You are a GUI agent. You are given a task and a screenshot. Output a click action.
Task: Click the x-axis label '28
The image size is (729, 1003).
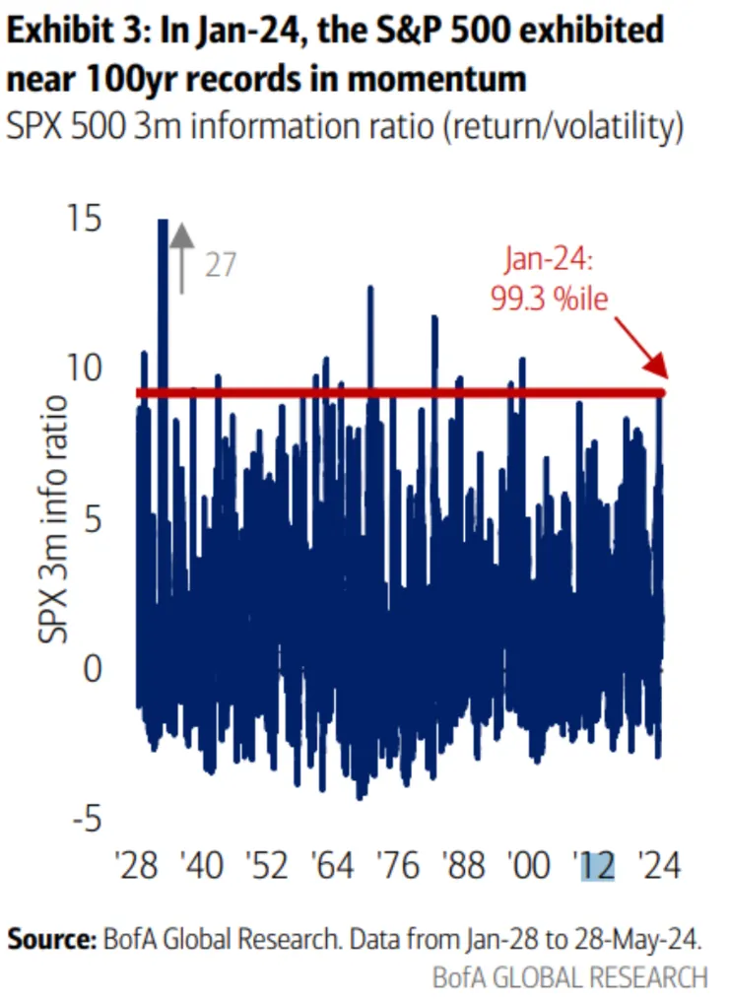point(138,867)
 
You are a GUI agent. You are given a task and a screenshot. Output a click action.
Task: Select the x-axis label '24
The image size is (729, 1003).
point(658,867)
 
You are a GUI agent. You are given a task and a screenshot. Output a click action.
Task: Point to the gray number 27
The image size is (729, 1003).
point(221,266)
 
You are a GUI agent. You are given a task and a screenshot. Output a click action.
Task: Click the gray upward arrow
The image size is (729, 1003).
point(180,256)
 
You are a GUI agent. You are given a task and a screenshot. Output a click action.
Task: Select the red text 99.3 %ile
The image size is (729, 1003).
point(550,299)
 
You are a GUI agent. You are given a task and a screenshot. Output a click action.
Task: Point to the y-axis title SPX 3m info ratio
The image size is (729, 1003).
point(54,517)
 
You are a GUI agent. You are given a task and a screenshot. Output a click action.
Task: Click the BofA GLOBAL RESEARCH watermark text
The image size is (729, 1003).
point(569,977)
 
